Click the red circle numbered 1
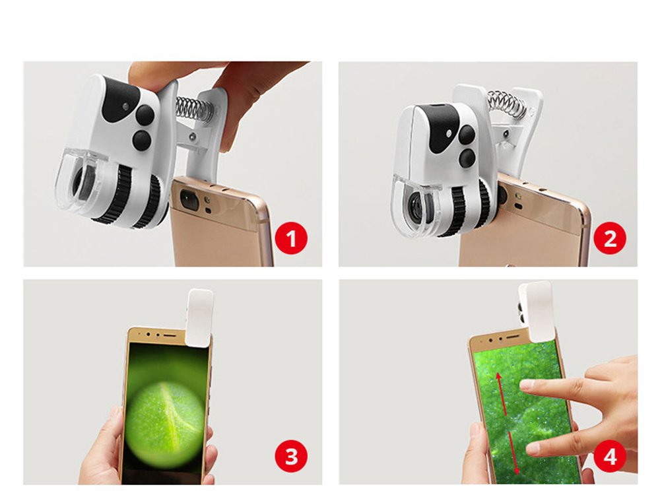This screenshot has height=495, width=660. point(291,238)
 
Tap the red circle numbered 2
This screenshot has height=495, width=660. point(610,238)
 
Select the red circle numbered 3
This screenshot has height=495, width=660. point(291,456)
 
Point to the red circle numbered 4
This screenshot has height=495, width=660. point(610,456)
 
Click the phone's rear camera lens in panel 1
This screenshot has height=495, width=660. point(189,199)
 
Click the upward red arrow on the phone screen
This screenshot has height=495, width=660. point(501,393)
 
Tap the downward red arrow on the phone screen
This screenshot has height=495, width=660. point(514,452)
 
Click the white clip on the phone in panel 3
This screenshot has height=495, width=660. point(201,317)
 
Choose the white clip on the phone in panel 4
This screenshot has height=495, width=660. point(536,311)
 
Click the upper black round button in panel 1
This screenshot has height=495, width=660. point(145,114)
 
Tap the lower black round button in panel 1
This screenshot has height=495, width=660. point(141,140)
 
